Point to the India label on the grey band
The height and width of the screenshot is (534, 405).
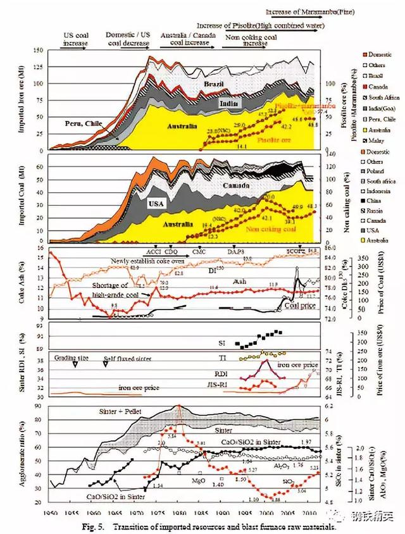click(x=228, y=102)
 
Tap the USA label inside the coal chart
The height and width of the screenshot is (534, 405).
click(x=156, y=204)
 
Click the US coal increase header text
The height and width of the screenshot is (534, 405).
click(x=76, y=39)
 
